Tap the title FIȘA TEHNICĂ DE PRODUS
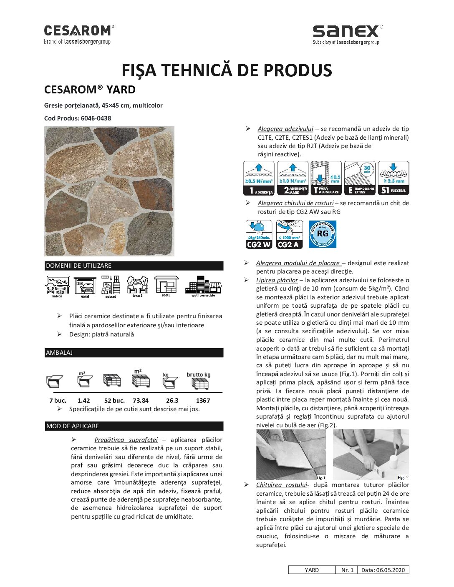227,70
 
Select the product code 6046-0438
96,118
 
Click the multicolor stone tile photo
109,191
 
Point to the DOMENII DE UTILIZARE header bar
134,266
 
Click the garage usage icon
85,286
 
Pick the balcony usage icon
57,286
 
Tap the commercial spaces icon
203,286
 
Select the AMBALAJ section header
134,353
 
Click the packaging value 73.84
141,400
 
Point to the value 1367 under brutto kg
203,400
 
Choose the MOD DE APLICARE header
134,426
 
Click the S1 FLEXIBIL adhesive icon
393,178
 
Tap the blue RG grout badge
322,234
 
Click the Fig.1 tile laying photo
291,455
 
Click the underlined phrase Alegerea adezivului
285,129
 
